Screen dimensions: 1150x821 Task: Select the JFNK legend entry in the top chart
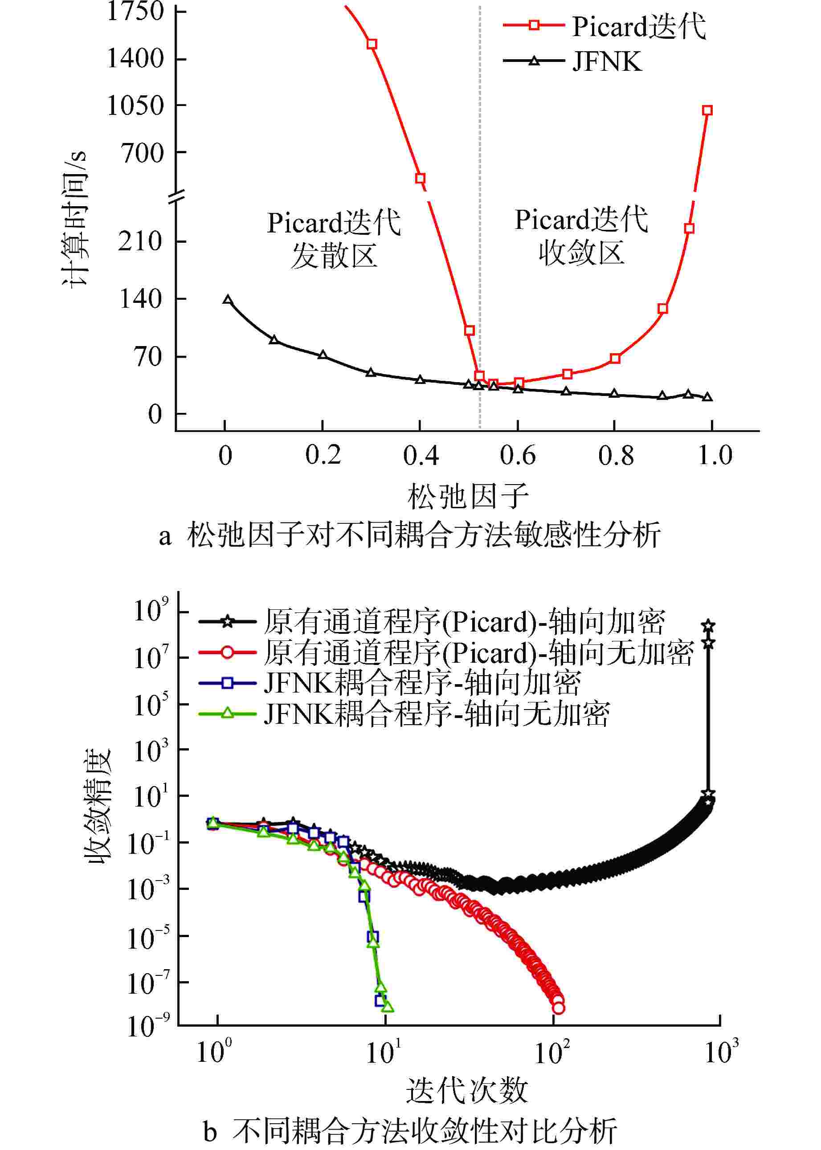[x=573, y=61]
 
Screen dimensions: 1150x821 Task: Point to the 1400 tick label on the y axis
[x=135, y=59]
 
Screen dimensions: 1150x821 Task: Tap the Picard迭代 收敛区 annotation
[x=581, y=236]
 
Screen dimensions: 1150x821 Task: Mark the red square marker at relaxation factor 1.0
[x=707, y=110]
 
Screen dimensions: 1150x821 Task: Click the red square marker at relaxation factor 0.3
[x=372, y=44]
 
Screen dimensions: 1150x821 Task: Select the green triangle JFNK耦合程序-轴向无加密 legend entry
[x=404, y=714]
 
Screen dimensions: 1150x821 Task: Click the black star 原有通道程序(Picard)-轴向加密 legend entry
[x=432, y=622]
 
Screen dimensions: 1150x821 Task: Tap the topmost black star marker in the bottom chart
[x=708, y=626]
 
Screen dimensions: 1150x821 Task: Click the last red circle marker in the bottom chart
[x=558, y=1008]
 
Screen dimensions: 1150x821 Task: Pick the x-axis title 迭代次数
[x=466, y=1091]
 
